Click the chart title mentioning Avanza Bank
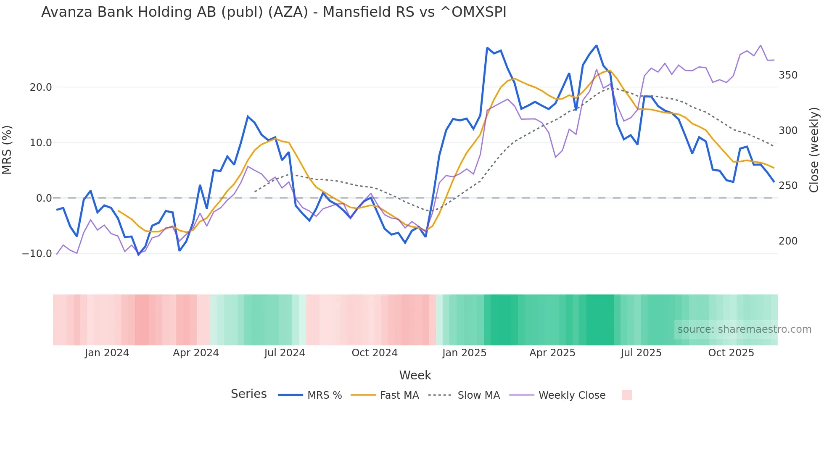[x=274, y=12]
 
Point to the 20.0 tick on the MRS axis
[x=41, y=87]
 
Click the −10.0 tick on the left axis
[x=37, y=254]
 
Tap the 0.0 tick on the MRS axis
[x=44, y=198]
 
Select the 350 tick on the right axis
[x=788, y=75]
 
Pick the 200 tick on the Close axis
[x=788, y=241]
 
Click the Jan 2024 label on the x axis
[x=107, y=353]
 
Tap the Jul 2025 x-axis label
[x=641, y=353]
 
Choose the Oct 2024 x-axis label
[x=375, y=353]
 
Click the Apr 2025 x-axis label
[x=552, y=353]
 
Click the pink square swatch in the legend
[x=626, y=395]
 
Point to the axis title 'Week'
[x=415, y=375]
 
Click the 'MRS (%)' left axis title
[x=7, y=150]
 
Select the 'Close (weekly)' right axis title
[x=814, y=150]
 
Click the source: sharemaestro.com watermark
[x=744, y=329]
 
